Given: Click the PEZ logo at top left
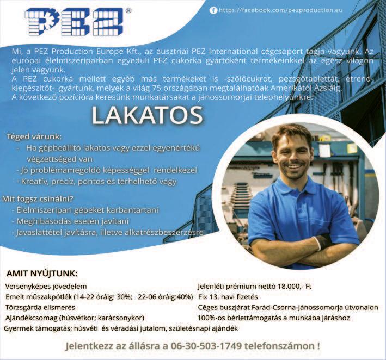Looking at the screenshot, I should (73, 22).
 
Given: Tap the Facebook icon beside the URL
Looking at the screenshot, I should (213, 10).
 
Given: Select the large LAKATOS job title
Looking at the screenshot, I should (147, 115).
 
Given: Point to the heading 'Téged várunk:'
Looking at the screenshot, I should (34, 136).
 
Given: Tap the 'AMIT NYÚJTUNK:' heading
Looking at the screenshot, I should (42, 273).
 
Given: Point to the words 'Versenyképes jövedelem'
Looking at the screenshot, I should (46, 286).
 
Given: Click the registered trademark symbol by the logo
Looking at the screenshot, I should (128, 10).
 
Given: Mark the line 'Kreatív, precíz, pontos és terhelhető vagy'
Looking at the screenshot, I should (99, 181).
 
